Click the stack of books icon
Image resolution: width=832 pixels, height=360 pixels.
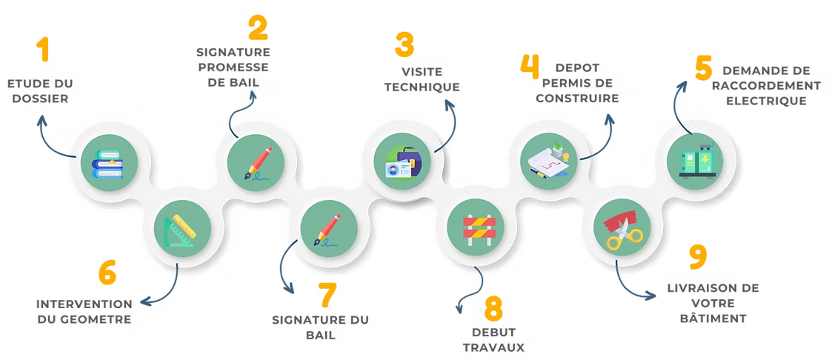click(107, 163)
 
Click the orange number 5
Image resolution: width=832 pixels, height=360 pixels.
click(108, 274)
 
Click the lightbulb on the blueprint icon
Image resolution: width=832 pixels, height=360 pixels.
click(562, 156)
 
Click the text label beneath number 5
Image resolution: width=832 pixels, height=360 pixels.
click(85, 312)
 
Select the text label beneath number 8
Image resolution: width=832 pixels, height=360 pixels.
click(494, 339)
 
